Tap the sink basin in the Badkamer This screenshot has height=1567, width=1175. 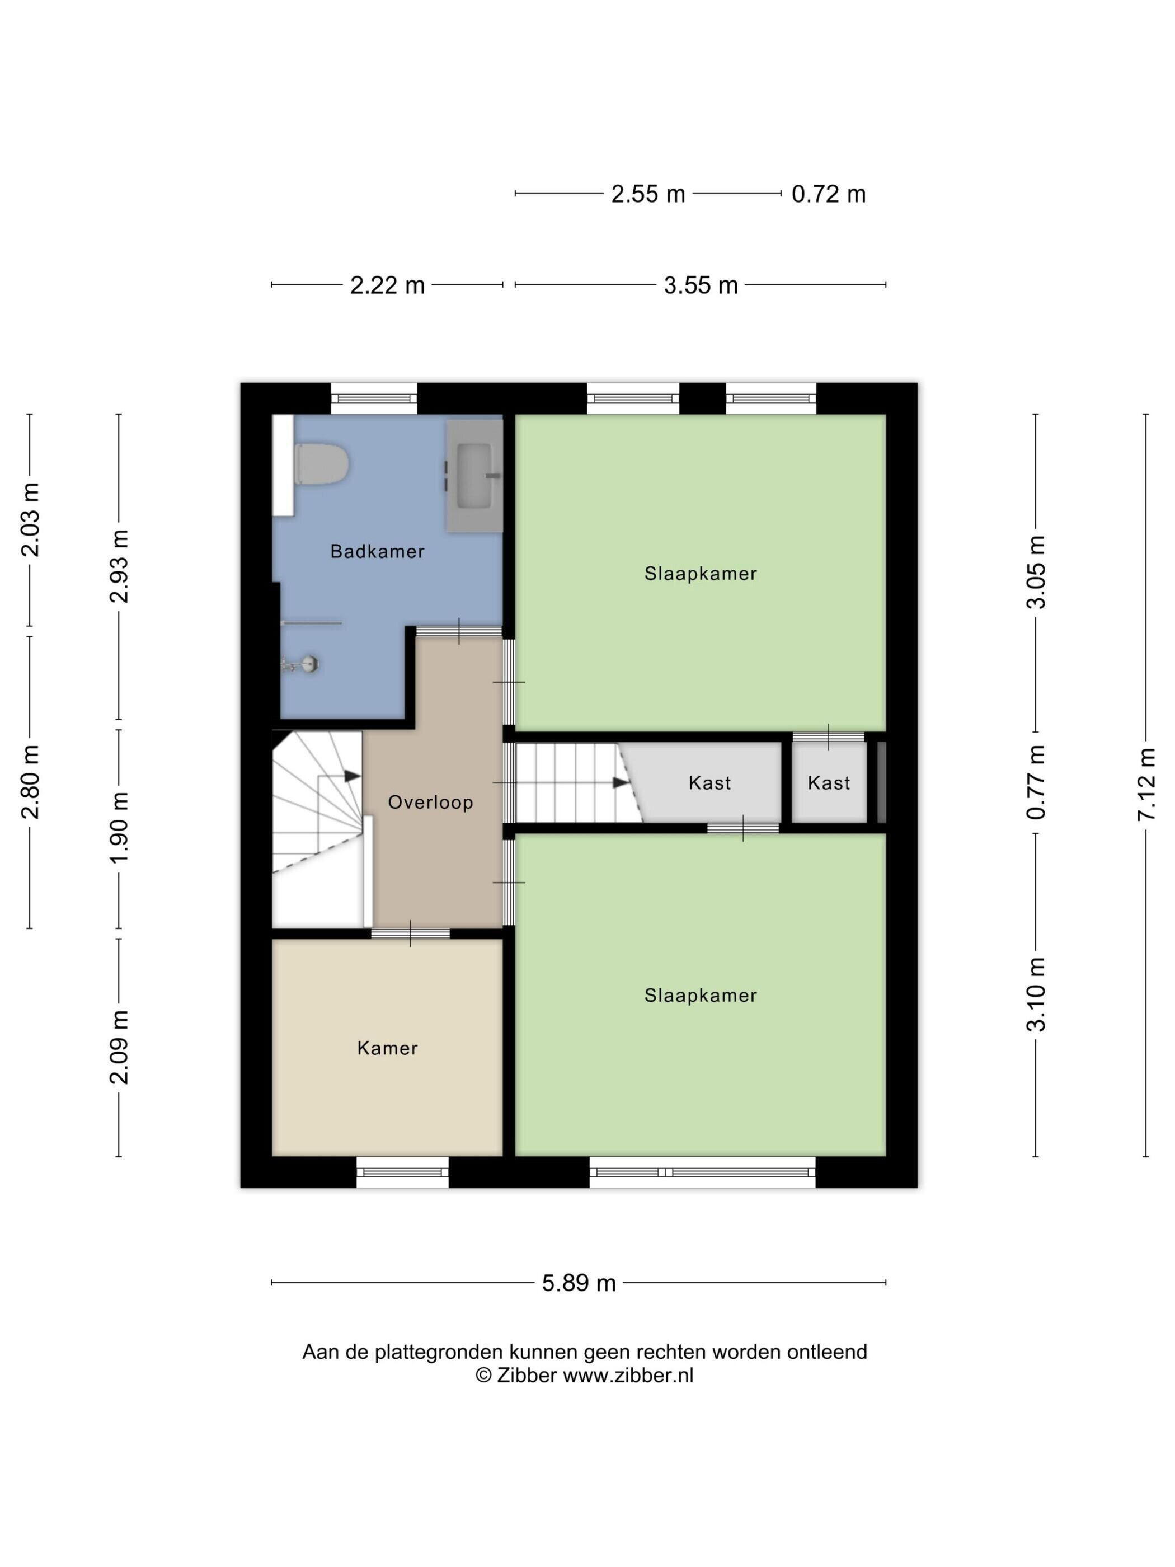coord(474,476)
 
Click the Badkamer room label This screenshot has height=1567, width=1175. coord(378,551)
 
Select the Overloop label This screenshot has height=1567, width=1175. coord(431,802)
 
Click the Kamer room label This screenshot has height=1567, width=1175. coord(387,1048)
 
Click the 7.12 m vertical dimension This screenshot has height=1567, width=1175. coord(1146,784)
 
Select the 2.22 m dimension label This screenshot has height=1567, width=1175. coord(387,285)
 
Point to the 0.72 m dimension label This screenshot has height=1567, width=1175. coord(829,194)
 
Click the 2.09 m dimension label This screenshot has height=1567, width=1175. coord(119,1047)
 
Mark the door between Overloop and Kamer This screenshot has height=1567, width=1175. coord(411,933)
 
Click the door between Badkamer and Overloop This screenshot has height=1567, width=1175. coord(459,631)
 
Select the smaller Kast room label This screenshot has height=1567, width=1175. coord(829,783)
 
